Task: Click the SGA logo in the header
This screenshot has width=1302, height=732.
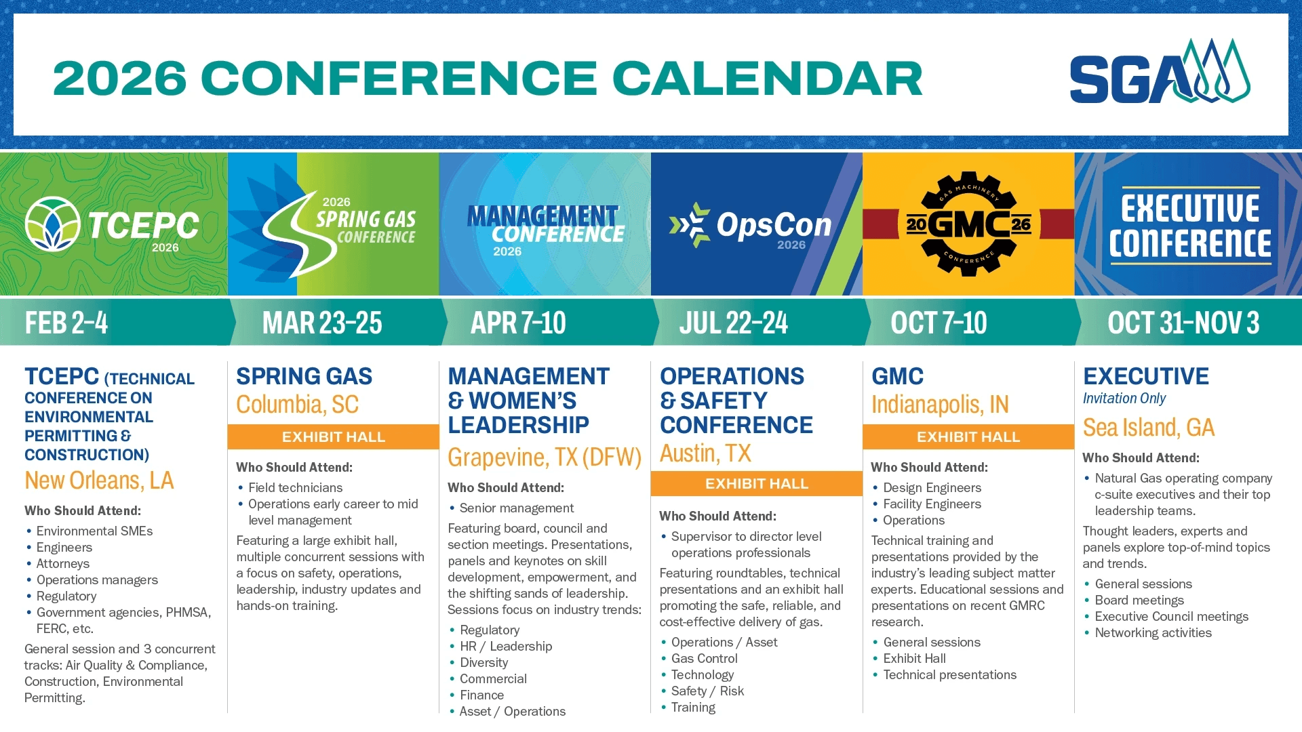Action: click(1160, 71)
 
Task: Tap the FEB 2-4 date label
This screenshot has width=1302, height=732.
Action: click(66, 323)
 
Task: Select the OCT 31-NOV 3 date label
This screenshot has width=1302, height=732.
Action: click(1183, 323)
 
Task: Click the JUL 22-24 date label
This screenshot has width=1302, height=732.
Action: click(734, 323)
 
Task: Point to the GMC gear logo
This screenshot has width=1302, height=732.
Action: click(968, 224)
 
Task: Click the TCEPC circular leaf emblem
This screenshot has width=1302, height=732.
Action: click(53, 224)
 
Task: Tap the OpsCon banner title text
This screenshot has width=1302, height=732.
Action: click(774, 225)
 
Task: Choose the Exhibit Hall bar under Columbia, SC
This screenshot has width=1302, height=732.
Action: click(334, 437)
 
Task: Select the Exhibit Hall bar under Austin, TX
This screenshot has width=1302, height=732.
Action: click(757, 484)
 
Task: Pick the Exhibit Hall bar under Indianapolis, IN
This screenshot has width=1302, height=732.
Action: click(968, 437)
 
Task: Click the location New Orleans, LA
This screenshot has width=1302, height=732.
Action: click(99, 481)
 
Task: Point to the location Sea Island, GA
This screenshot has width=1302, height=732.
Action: click(1148, 428)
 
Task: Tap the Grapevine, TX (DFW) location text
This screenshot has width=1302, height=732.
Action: click(545, 457)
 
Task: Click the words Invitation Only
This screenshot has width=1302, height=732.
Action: click(1124, 399)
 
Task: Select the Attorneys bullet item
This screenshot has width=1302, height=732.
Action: click(63, 564)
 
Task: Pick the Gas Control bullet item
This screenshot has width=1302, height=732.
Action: click(705, 659)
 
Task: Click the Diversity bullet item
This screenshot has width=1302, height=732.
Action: click(484, 663)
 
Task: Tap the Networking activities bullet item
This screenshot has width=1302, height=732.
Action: click(1153, 633)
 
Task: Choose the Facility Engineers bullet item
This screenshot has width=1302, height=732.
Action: click(932, 504)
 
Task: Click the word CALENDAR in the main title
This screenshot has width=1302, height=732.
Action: click(768, 78)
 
